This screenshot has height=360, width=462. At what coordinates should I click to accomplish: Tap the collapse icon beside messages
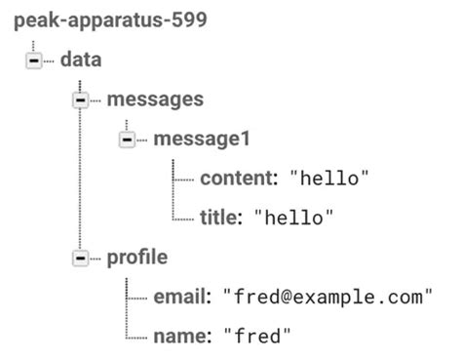pos(81,100)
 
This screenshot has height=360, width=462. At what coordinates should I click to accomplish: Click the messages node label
pos(155,99)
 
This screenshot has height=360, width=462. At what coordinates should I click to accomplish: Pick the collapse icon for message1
pos(127,140)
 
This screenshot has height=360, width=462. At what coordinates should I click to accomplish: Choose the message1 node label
pos(201,139)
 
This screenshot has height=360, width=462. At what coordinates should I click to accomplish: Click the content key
pos(239,179)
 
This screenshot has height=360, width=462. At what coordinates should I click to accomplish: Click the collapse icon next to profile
pos(81,259)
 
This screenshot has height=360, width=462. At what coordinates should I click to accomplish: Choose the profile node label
pos(136,258)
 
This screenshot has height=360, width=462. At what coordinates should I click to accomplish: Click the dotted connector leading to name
pos(137,337)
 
